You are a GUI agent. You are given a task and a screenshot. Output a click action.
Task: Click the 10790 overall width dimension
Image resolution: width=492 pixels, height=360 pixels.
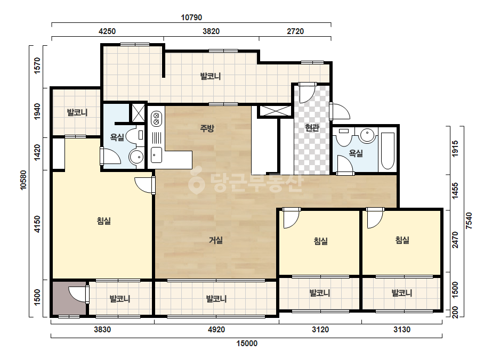point(191,18)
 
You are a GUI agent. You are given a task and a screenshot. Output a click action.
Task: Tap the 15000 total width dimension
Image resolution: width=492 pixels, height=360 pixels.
point(247,343)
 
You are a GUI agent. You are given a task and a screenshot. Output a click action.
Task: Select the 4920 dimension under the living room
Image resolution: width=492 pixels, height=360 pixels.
point(216,330)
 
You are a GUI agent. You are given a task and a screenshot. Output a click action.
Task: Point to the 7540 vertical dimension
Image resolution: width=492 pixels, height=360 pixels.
point(469,221)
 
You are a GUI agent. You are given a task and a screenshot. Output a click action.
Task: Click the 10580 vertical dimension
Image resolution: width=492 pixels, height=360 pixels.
point(23,181)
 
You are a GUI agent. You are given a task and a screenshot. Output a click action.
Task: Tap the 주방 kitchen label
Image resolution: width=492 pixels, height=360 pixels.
point(207,128)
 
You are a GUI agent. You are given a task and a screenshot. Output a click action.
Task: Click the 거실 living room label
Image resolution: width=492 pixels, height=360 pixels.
point(216,240)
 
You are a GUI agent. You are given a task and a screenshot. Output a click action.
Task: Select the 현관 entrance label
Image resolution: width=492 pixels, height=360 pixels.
point(312,128)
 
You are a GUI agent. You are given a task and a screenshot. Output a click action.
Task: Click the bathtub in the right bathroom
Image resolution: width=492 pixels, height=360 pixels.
point(388,151)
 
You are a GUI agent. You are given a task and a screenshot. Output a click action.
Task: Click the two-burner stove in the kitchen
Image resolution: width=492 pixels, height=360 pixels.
point(156,119)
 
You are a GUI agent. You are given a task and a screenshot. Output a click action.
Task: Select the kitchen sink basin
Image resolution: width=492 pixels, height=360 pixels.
point(156,155)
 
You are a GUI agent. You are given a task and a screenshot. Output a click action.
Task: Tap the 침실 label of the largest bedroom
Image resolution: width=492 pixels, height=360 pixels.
point(104,221)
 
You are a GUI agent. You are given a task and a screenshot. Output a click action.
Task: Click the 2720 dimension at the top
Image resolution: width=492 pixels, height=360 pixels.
point(295,31)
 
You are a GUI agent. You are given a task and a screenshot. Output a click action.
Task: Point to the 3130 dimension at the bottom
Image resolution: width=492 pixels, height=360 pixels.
point(402,330)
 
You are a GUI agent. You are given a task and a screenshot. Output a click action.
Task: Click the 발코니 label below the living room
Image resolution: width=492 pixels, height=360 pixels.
point(216,299)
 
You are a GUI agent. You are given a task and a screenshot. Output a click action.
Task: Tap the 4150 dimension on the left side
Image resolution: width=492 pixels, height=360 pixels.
point(37,224)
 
